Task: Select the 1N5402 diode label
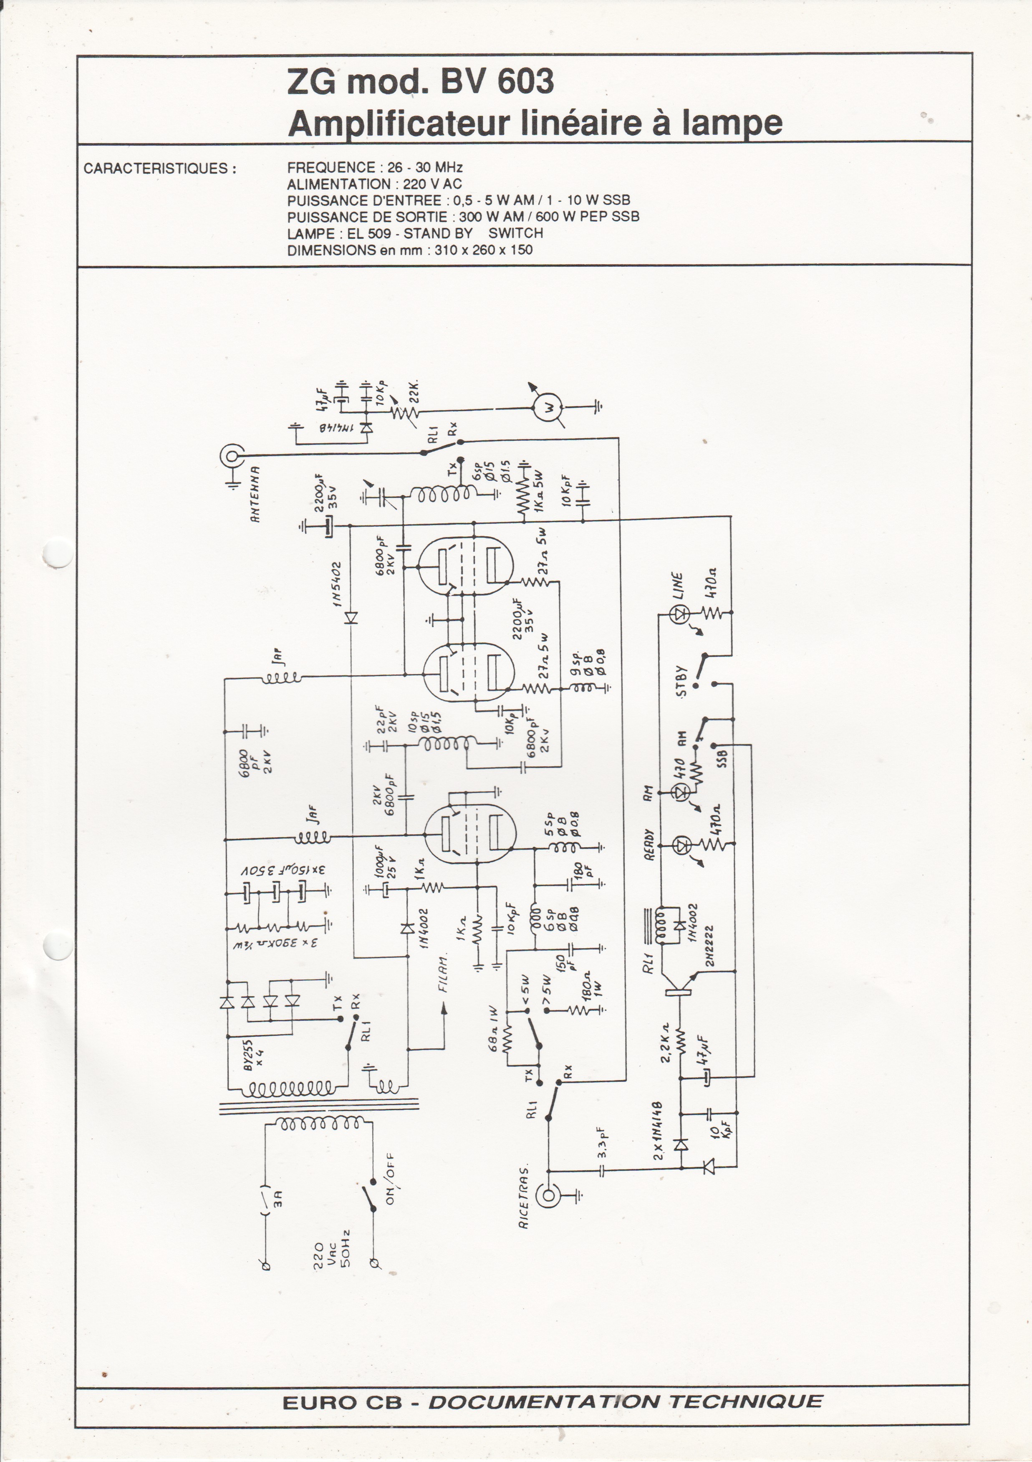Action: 337,584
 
